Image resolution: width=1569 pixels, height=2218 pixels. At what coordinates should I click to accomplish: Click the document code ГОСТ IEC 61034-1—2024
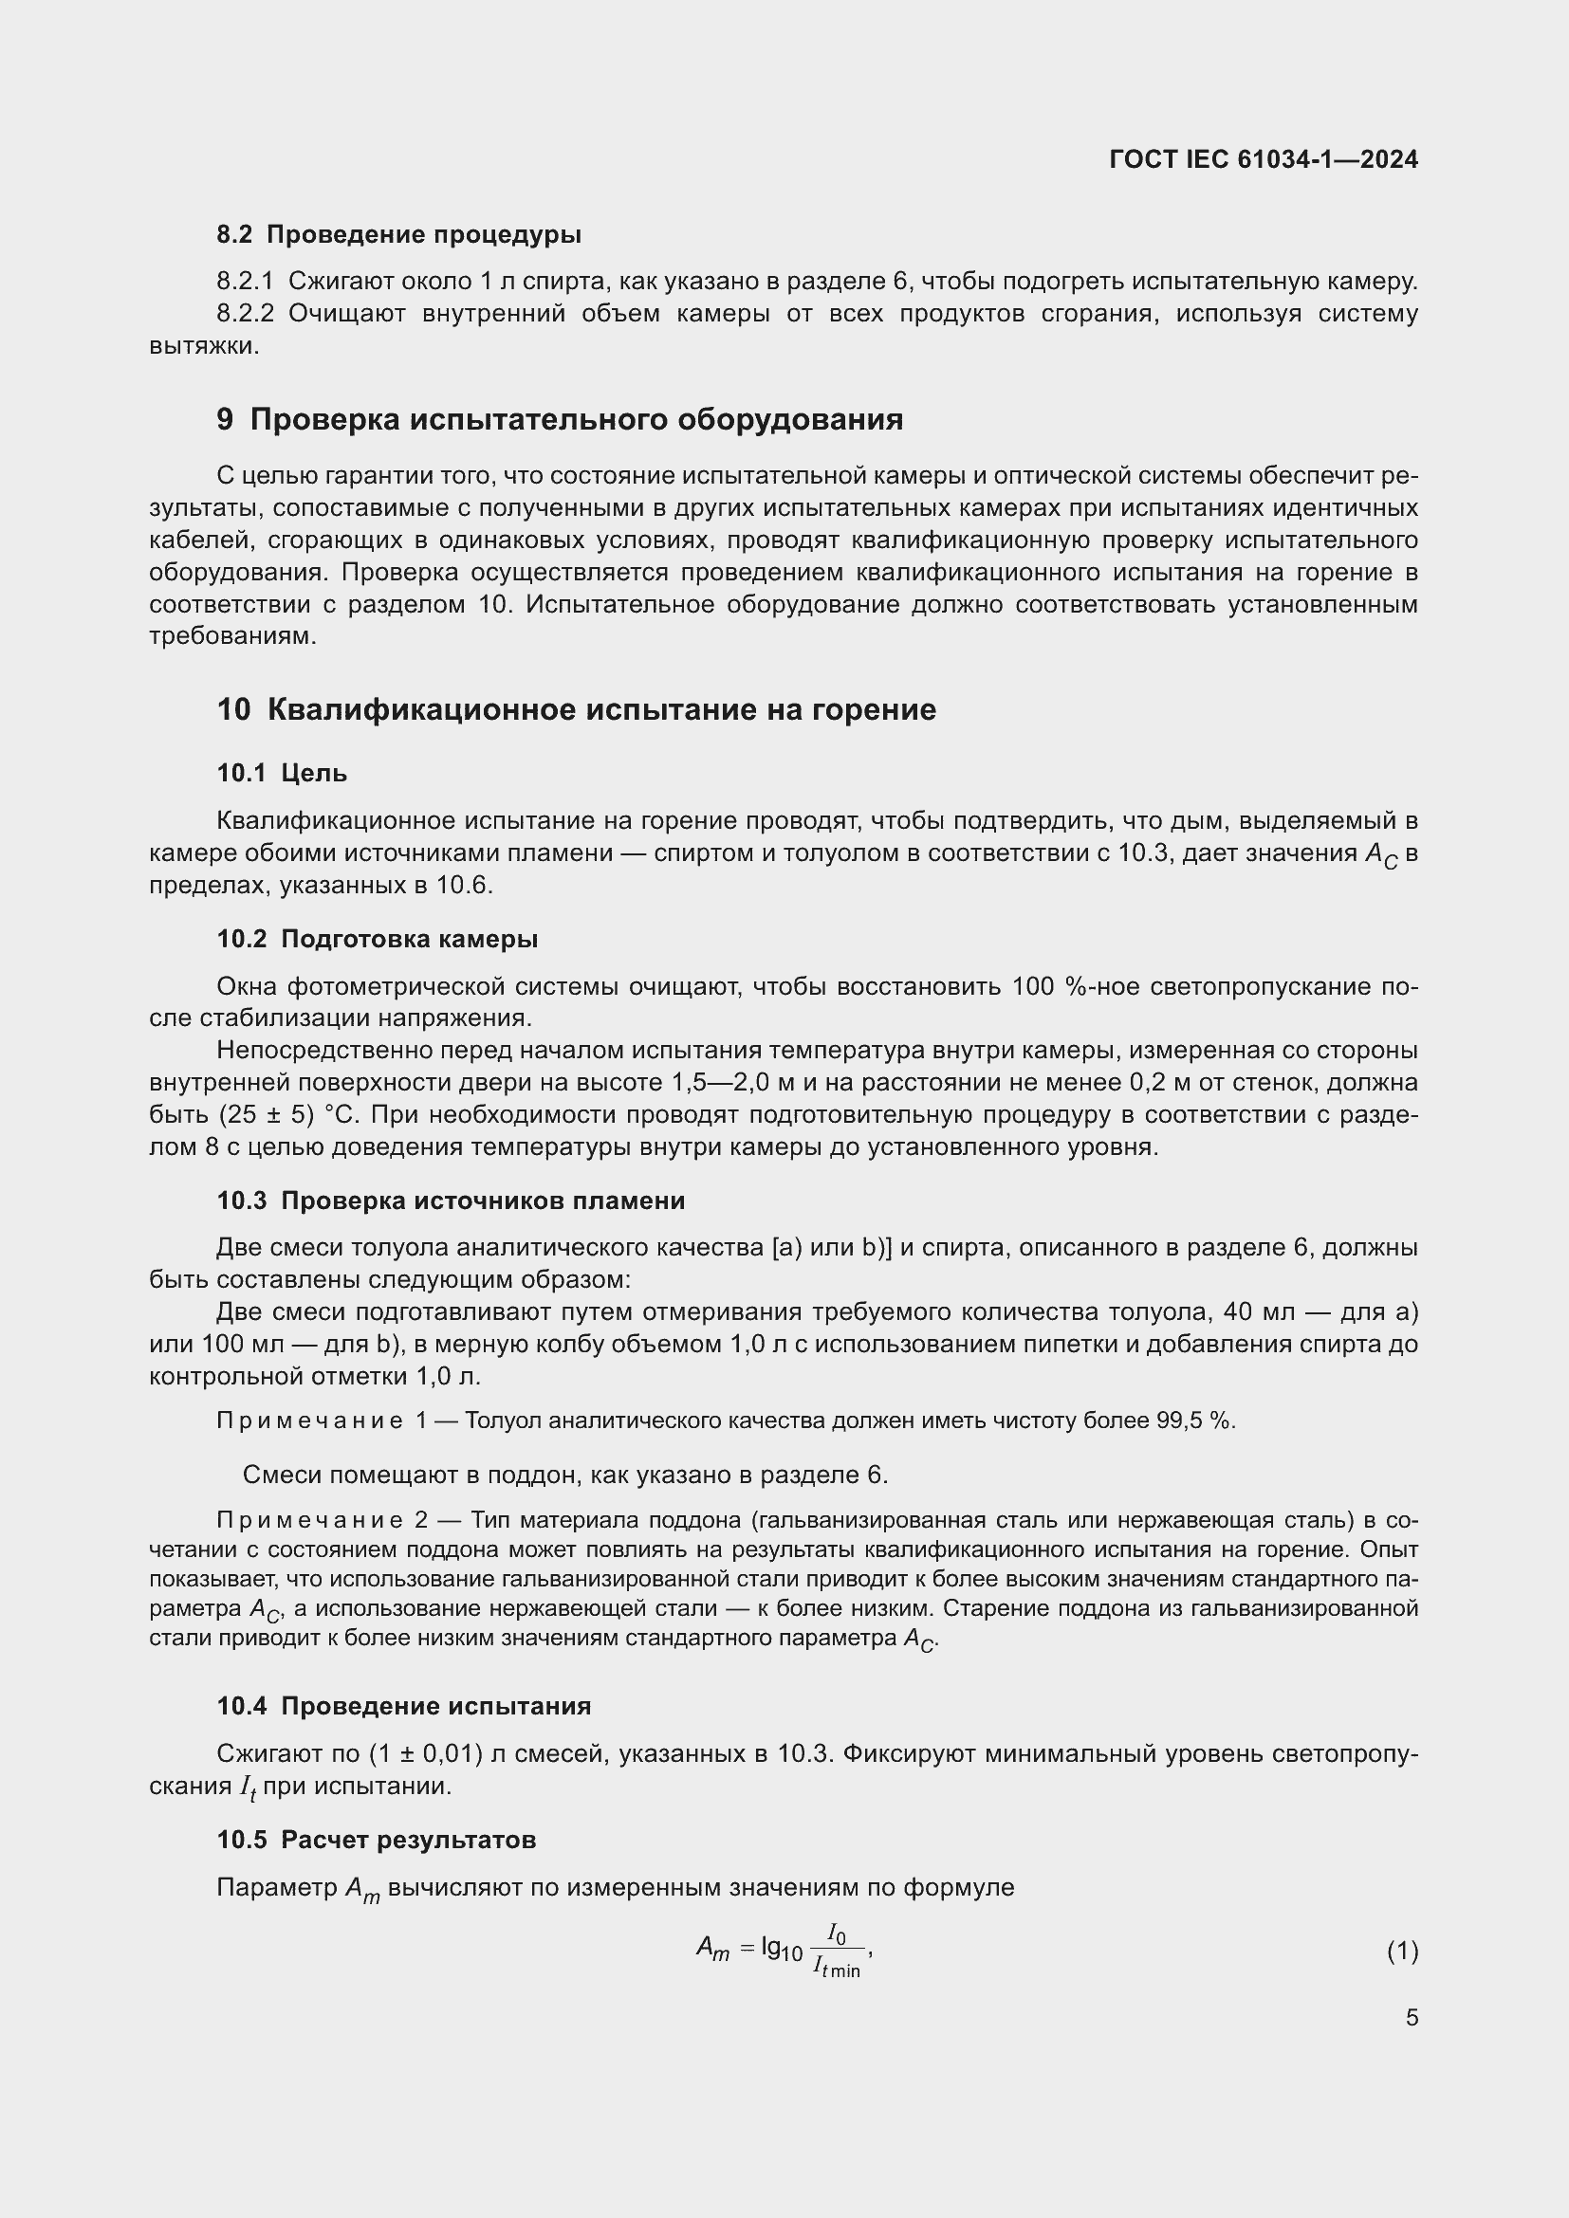point(1263,159)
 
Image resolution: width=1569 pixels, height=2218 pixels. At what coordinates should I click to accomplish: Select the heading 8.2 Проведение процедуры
point(398,235)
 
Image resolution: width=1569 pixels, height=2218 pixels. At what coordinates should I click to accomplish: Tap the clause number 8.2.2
point(245,314)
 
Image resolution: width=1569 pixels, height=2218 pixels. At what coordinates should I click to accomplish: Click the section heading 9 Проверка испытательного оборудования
point(560,419)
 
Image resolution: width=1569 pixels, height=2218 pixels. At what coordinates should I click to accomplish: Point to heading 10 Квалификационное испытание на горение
point(576,710)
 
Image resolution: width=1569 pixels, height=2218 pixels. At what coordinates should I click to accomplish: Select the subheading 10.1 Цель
point(281,773)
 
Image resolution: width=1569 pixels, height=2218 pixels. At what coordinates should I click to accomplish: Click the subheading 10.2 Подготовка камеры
point(377,939)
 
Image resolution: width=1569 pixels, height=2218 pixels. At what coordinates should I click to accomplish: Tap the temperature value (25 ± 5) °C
point(289,1115)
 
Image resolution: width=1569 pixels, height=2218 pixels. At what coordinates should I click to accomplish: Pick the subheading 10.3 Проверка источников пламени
point(451,1201)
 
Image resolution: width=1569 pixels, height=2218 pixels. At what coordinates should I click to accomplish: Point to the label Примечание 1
point(321,1421)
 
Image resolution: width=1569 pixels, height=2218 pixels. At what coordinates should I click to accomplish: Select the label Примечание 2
point(321,1520)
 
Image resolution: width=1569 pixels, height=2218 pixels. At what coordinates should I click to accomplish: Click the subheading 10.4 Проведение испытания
point(403,1707)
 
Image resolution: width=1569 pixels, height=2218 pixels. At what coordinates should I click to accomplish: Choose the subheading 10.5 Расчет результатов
point(376,1841)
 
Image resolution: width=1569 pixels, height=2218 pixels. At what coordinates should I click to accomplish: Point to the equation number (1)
point(1402,1952)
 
